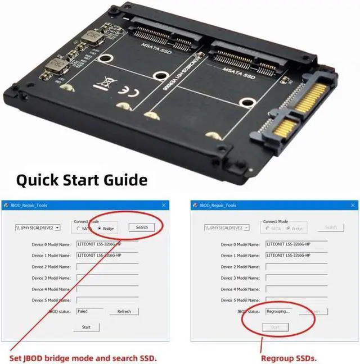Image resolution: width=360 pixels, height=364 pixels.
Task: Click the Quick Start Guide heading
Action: [82, 180]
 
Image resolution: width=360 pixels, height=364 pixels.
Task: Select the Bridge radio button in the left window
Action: [100, 229]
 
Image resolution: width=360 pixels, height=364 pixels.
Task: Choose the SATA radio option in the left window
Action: [78, 229]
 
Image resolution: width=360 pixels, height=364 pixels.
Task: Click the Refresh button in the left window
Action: [124, 311]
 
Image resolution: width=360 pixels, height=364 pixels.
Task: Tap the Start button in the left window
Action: [86, 327]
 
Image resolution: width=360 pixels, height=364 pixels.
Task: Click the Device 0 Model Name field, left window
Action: [107, 244]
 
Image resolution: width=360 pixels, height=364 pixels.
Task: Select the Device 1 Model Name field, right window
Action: [296, 255]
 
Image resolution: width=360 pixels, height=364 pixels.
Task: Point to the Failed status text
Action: [83, 311]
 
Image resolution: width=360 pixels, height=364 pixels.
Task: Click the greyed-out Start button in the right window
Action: [275, 327]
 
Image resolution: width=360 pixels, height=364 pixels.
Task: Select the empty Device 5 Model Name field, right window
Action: [296, 300]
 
